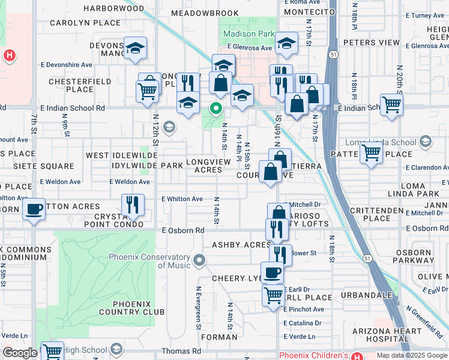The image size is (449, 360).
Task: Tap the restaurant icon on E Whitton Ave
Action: [133, 205]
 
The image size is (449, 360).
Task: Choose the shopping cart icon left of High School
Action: [52, 352]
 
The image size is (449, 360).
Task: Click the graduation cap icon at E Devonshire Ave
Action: [135, 48]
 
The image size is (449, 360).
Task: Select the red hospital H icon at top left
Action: [8, 56]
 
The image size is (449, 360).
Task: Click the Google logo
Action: [20, 353]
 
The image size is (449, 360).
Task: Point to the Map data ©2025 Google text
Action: [412, 355]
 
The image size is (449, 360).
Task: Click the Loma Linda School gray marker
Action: [426, 142]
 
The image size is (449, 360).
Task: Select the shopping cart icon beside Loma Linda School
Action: [371, 153]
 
